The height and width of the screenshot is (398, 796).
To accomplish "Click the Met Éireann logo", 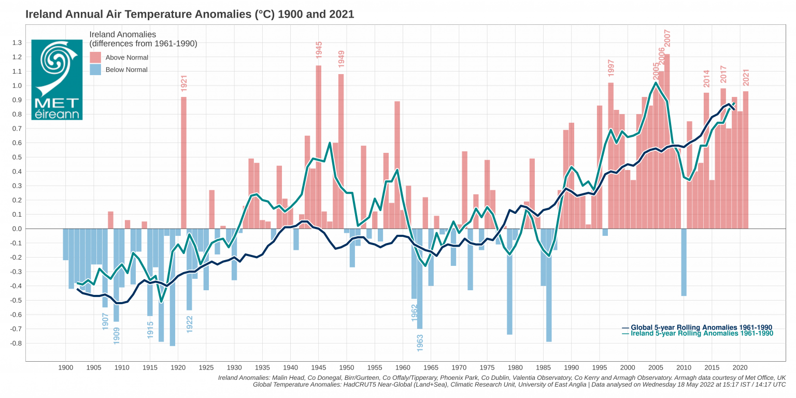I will click(56, 79).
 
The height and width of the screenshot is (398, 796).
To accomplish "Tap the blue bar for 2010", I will click(684, 262).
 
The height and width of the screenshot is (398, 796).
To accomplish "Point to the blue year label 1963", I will click(420, 344).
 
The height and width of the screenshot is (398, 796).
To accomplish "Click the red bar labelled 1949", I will click(341, 155).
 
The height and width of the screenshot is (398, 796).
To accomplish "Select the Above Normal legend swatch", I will click(95, 58).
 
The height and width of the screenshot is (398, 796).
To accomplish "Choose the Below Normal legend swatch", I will click(95, 69).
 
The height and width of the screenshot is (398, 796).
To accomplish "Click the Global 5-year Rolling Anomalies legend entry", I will click(696, 328).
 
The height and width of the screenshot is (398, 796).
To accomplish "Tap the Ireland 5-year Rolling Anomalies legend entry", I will click(696, 334).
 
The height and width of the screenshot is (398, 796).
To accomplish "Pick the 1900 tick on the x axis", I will click(65, 367).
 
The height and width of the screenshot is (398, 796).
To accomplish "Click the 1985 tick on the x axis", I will click(543, 367).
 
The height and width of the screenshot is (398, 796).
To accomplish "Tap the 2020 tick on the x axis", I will click(740, 367).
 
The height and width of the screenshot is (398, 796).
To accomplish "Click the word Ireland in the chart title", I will click(43, 15).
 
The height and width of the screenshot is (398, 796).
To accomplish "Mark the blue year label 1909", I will click(117, 335).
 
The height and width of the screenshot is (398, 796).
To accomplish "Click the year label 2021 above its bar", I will click(746, 77).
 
